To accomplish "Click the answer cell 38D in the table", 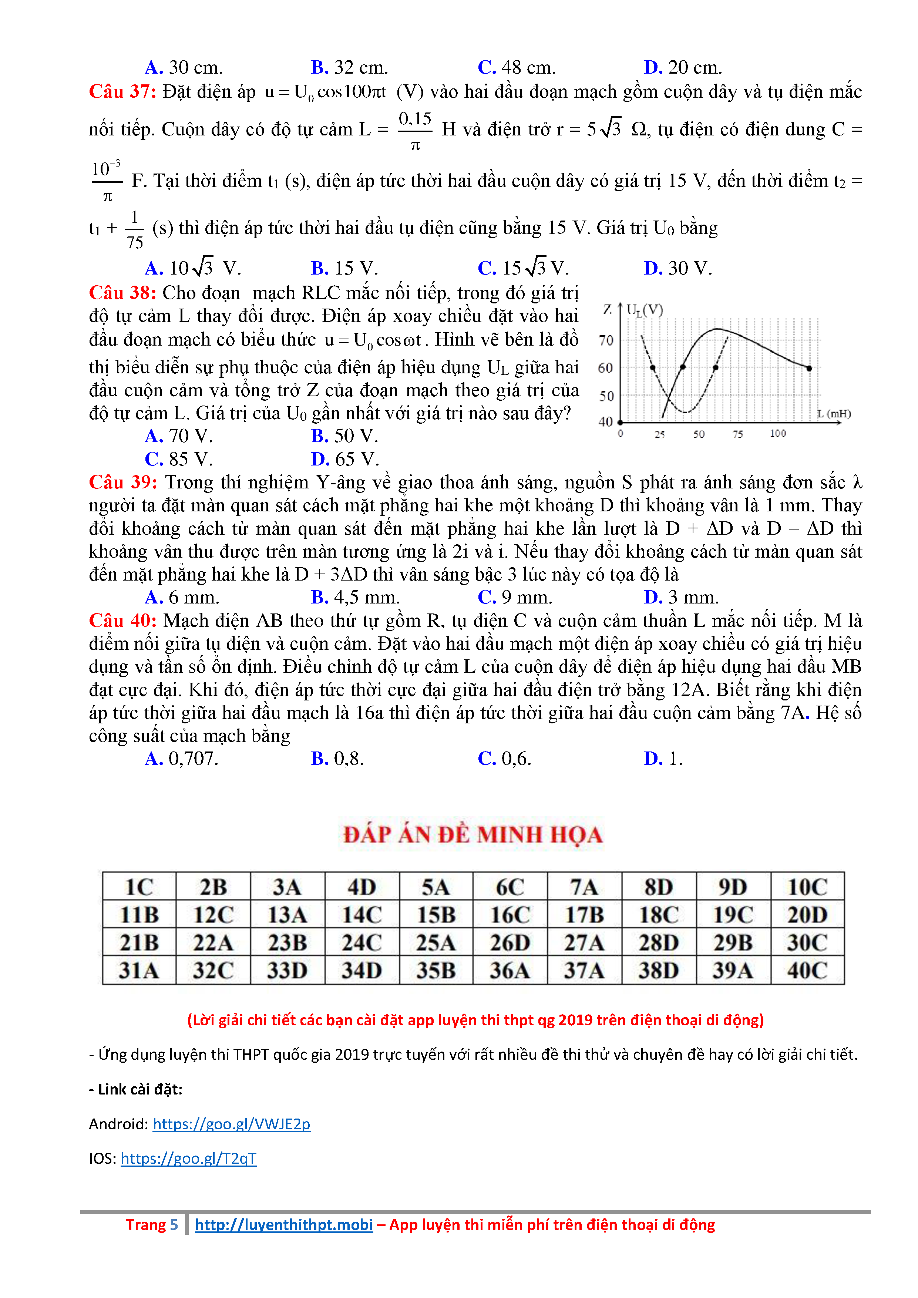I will pos(659,970).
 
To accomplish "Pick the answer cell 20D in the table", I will pos(807,915).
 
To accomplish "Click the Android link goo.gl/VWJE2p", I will pos(231,1124).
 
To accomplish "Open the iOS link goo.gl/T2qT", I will pos(188,1159).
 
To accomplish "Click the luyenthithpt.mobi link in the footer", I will pos(284,1224).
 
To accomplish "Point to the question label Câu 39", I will pos(123,482).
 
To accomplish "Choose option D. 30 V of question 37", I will pos(678,268).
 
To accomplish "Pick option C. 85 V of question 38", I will pos(179,459).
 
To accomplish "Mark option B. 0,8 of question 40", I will pos(337,759).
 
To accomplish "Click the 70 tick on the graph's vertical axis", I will pos(606,340).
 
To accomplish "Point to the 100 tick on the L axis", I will pos(778,434).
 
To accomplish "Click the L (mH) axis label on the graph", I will pos(834,414).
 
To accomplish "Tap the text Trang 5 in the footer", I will pos(151,1224).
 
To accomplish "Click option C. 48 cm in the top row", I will pos(517,68).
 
